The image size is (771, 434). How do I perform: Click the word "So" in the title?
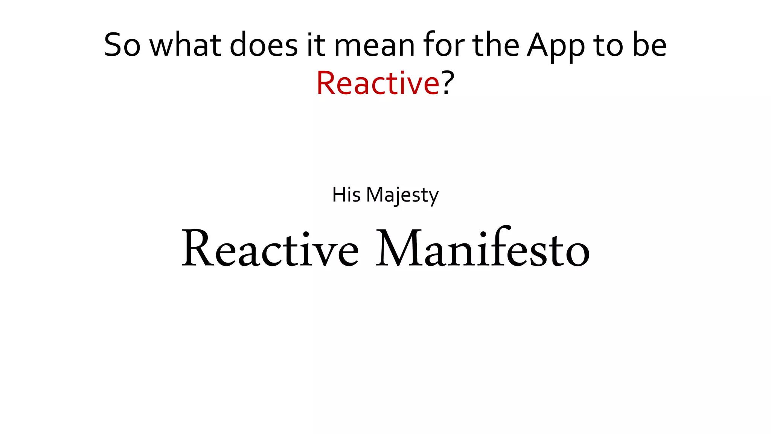pos(122,45)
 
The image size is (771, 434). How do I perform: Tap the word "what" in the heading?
pos(185,45)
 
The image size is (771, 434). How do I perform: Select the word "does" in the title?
pos(264,45)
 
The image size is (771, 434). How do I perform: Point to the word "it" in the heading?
pos(315,45)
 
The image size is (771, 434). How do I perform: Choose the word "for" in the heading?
pos(443,45)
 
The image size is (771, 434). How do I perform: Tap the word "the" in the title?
pos(495,45)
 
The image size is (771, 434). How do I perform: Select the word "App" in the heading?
pos(556,47)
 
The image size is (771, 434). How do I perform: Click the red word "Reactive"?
pos(378,83)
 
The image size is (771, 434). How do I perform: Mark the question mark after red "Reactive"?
pos(448,83)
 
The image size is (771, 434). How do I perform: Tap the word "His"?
pos(346,195)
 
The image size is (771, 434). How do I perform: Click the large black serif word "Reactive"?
pos(270,249)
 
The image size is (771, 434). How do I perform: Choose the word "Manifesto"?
pos(483,249)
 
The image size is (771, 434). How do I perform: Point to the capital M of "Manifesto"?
pos(399,249)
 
